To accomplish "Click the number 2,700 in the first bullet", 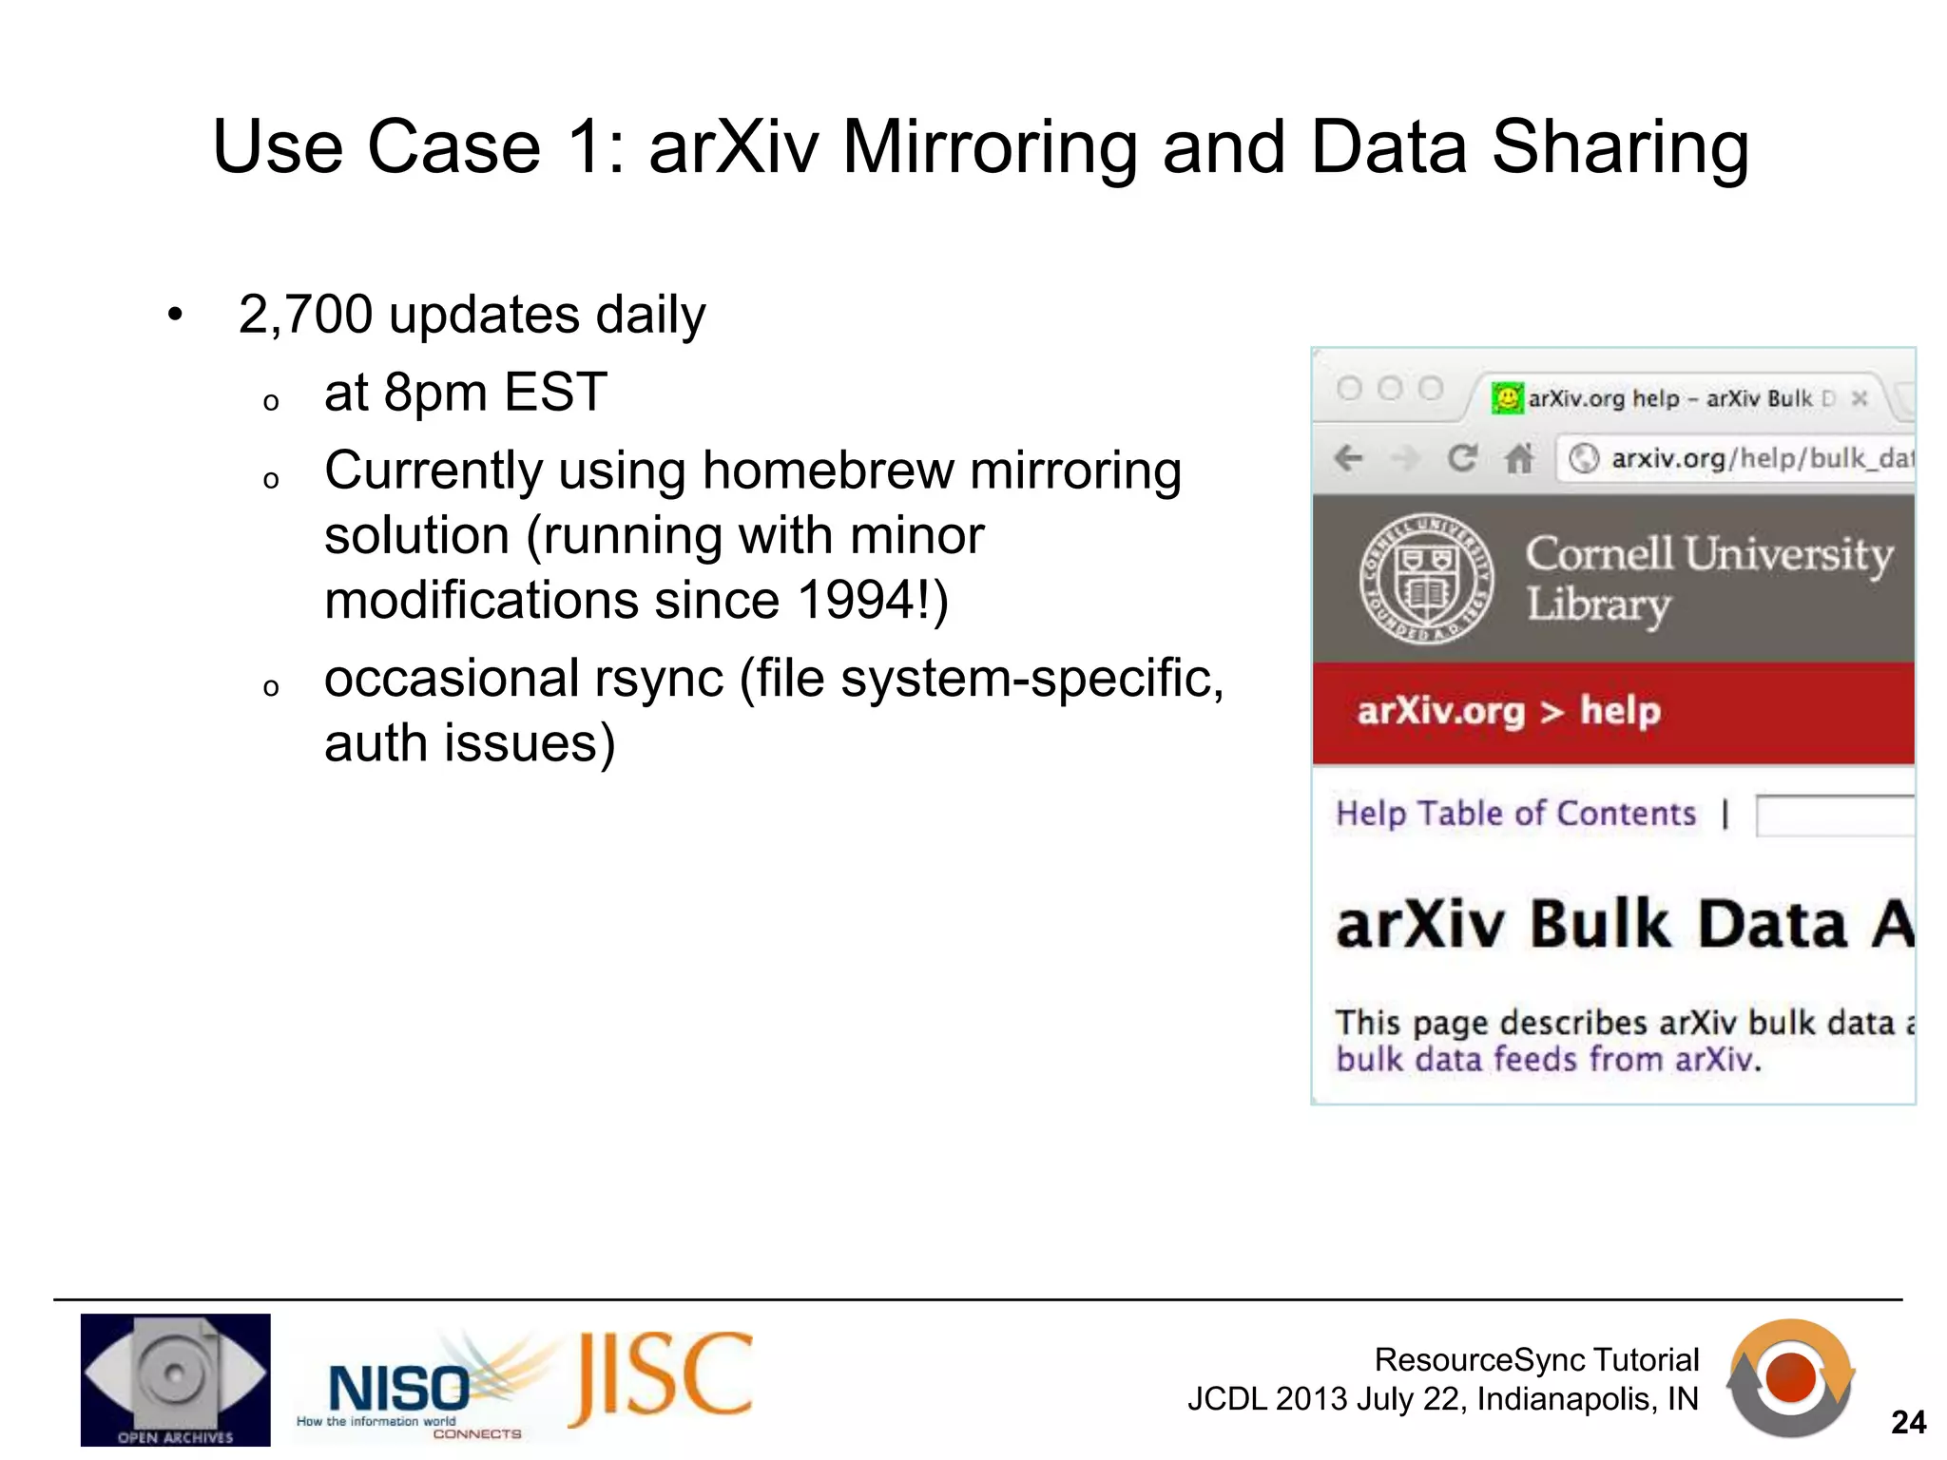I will click(x=305, y=315).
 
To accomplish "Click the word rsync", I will click(x=659, y=679).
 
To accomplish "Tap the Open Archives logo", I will click(x=175, y=1379).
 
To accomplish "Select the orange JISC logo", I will click(x=662, y=1378).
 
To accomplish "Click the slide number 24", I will click(x=1908, y=1422).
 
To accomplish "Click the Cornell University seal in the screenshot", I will click(x=1425, y=579).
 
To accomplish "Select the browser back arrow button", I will click(x=1348, y=459).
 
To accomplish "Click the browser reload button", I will click(x=1461, y=459).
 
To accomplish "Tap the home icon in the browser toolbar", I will click(x=1518, y=459).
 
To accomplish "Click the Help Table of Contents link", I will click(x=1515, y=814).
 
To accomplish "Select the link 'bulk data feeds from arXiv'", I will click(x=1547, y=1059).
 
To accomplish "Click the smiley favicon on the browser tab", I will click(x=1507, y=397).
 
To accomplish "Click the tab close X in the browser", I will click(x=1860, y=398).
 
